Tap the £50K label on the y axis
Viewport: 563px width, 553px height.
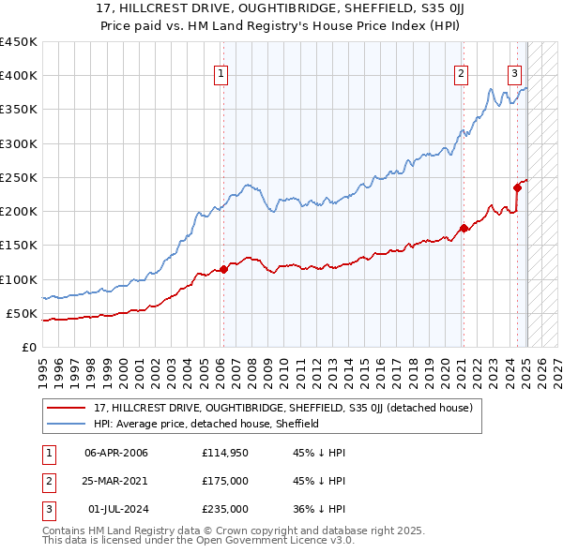click(x=21, y=313)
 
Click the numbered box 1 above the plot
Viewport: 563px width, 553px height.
click(x=221, y=76)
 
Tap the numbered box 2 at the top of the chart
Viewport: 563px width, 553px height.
click(x=462, y=76)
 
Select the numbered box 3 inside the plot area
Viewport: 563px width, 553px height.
click(x=515, y=76)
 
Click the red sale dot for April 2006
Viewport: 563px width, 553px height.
click(x=223, y=270)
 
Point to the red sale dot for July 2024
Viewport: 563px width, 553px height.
click(x=517, y=187)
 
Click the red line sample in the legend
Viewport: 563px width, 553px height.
click(x=67, y=408)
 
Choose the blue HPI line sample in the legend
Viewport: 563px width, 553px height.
click(x=67, y=424)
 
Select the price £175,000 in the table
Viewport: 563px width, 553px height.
click(x=225, y=481)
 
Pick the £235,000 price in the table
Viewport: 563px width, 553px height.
click(x=225, y=509)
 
